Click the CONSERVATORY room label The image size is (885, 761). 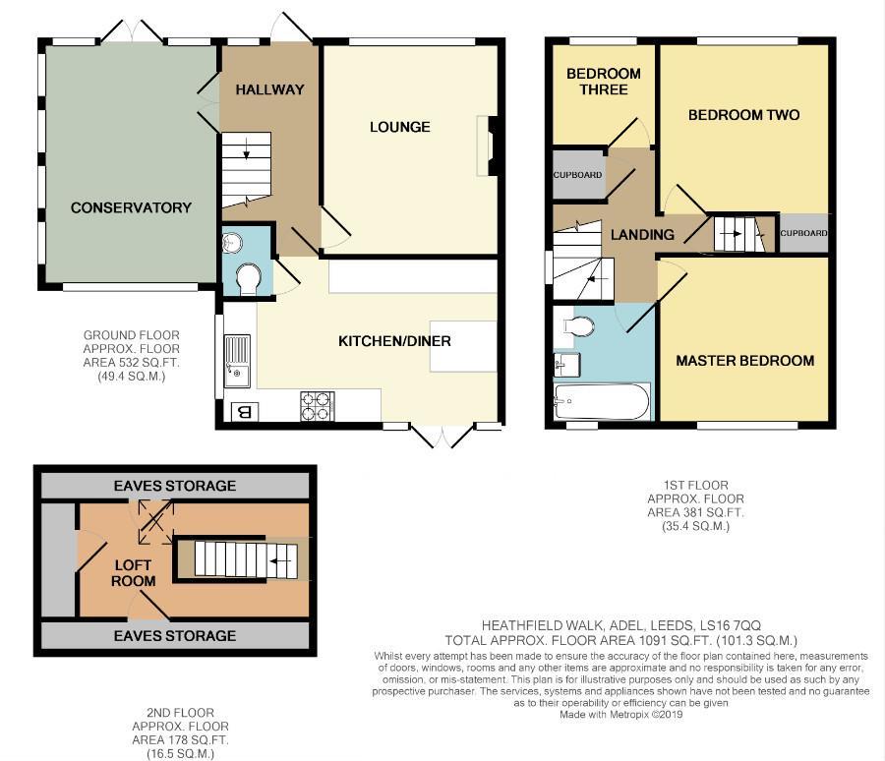(x=131, y=207)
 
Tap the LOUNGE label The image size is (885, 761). (x=400, y=127)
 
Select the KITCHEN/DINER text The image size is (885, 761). (x=394, y=341)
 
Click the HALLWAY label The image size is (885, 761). (x=269, y=89)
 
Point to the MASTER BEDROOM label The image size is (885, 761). (x=744, y=361)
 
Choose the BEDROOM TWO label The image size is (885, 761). (x=743, y=115)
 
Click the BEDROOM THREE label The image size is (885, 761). (x=603, y=82)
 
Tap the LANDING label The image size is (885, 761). (x=642, y=235)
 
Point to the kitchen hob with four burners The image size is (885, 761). (x=317, y=405)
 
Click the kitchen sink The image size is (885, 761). (x=237, y=357)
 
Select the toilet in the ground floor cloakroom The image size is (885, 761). (x=248, y=280)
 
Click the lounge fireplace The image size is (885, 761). (x=488, y=146)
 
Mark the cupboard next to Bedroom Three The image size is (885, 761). (x=577, y=175)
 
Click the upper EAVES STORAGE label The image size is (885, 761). (x=174, y=486)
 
